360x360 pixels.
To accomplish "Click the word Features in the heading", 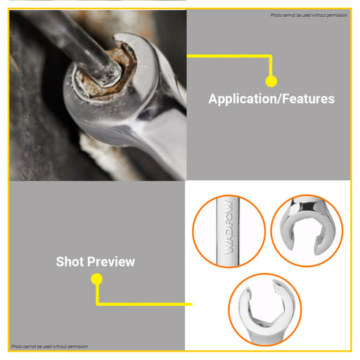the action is coord(308,98).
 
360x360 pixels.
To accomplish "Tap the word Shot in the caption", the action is coord(70,262).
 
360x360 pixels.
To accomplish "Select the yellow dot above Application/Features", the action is coord(271,82).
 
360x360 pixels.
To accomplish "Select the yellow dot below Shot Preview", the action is coord(96,279).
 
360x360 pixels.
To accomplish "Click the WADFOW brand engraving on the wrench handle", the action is coord(229,227).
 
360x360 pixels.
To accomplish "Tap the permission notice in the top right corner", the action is coord(309,15).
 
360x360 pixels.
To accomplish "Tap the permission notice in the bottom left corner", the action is coord(50,346).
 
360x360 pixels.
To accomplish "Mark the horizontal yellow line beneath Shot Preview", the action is coord(144,304).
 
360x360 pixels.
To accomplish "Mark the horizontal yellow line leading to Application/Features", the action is coord(229,56).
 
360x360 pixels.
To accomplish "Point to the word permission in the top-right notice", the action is coord(337,15).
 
